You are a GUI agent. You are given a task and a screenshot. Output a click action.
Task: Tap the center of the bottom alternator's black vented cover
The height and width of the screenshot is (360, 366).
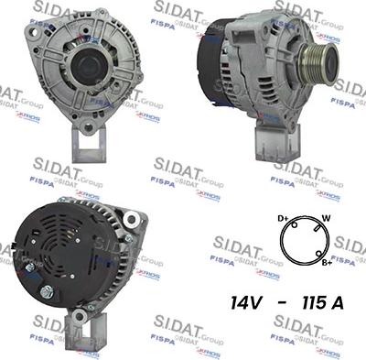pos(64,252)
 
